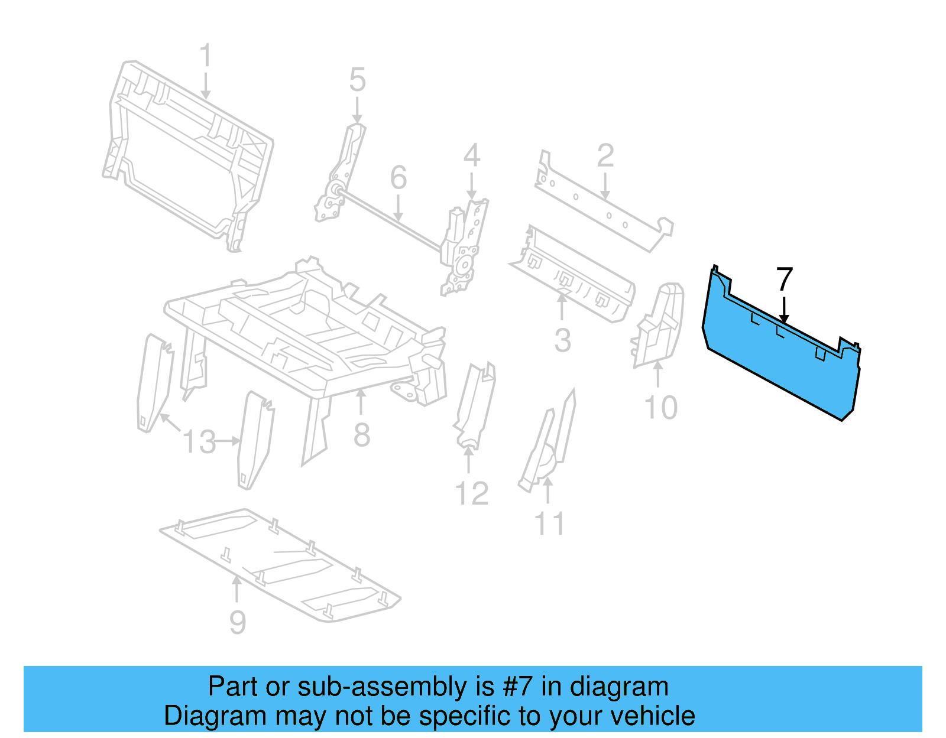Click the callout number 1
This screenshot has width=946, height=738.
pos(205,56)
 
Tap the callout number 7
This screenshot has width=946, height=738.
pos(784,279)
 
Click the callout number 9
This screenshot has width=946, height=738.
pos(237,623)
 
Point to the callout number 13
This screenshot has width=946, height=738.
pos(199,442)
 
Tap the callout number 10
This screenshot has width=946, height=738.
pos(660,408)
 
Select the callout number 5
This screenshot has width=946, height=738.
pos(357,80)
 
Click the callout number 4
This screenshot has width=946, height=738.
pos(471,156)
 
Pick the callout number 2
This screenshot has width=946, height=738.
pos(605,156)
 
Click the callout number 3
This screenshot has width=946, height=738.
pos(562,341)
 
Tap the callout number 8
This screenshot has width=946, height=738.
pos(361,435)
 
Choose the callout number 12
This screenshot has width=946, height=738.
pos(472,494)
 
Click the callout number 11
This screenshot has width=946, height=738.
pos(549,524)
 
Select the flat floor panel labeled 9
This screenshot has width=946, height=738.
pos(278,564)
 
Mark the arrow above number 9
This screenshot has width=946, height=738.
pos(237,590)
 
